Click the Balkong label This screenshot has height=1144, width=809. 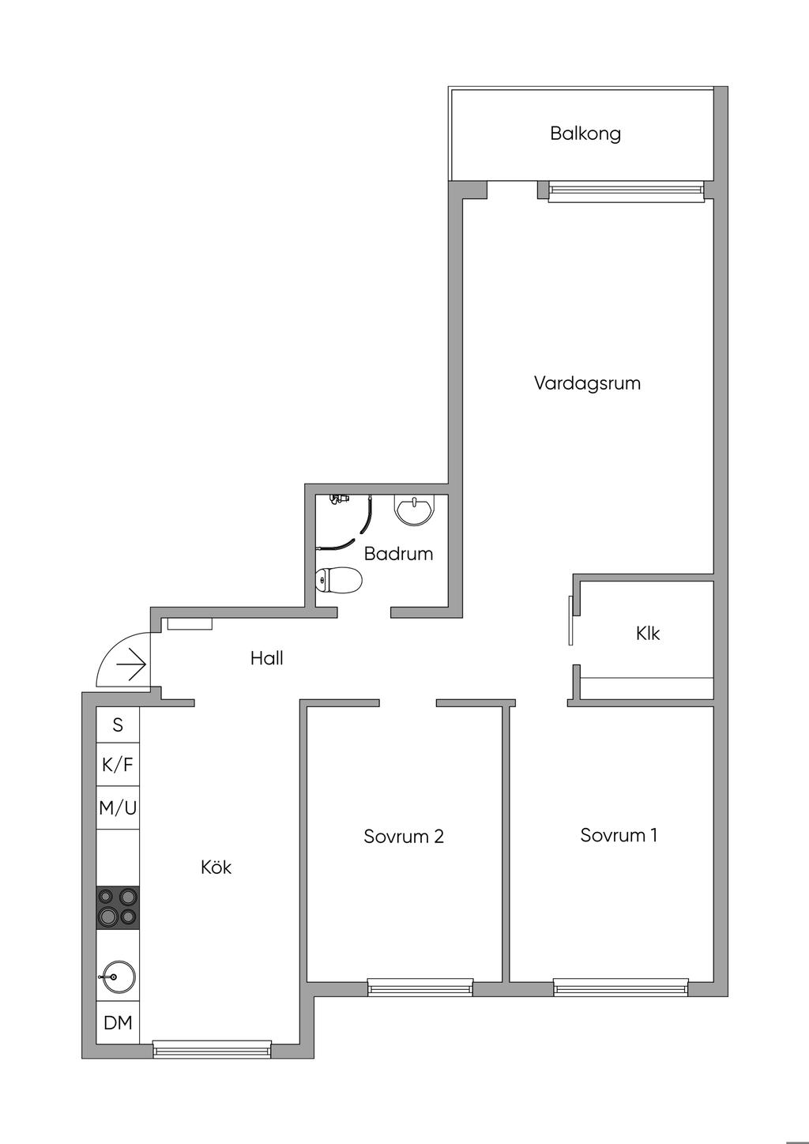(x=585, y=134)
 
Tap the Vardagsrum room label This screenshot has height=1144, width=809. (x=587, y=384)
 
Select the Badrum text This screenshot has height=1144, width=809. (x=398, y=554)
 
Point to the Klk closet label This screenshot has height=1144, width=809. (x=648, y=634)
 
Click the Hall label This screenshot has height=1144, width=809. (x=267, y=658)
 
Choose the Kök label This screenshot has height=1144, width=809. (x=216, y=867)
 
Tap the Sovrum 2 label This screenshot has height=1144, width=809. (x=404, y=837)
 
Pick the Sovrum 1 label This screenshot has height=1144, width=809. (x=619, y=835)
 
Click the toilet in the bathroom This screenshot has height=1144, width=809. (x=339, y=581)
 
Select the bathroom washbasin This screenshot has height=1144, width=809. (x=414, y=510)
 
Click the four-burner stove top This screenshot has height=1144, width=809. (x=118, y=907)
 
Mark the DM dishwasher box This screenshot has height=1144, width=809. (x=118, y=1023)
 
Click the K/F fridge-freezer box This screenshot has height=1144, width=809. (x=118, y=765)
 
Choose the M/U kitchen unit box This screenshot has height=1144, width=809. (x=118, y=808)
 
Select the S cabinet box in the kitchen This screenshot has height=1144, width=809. (x=118, y=724)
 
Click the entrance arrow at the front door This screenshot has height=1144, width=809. (x=131, y=665)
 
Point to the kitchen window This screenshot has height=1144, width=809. (x=211, y=1049)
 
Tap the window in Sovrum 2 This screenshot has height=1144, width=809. (x=420, y=987)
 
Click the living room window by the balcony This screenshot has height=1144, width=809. (x=625, y=190)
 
